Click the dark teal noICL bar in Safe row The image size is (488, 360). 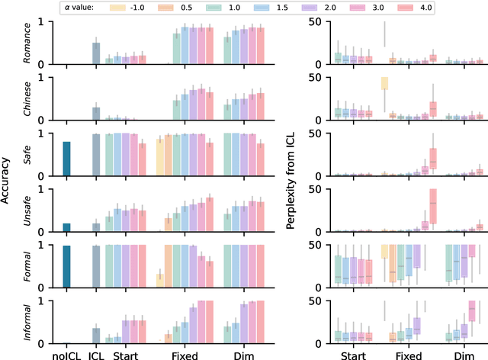[x=67, y=153]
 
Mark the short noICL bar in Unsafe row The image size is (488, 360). [x=67, y=227]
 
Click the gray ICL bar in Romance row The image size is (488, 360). [x=96, y=53]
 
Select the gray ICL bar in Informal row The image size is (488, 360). [x=96, y=336]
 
